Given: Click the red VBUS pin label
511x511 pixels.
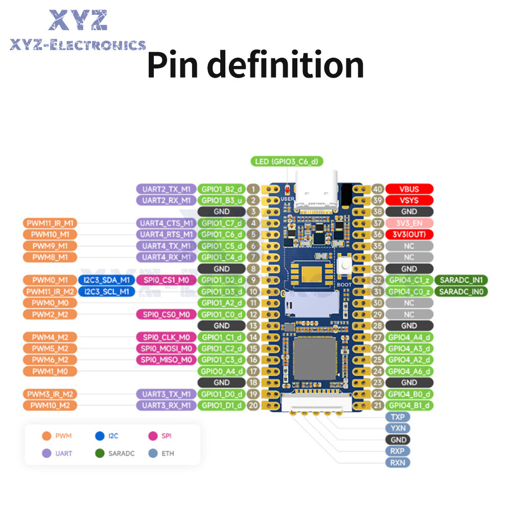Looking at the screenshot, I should pos(409,189).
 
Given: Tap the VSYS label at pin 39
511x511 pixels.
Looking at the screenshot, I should pos(409,200).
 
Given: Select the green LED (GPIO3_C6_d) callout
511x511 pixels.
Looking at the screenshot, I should pos(287,162).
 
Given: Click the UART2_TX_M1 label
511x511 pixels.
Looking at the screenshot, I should pos(166,189).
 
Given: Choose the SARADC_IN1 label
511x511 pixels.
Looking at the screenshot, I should pos(461,280).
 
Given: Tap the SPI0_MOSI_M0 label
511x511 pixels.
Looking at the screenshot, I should pos(166,349).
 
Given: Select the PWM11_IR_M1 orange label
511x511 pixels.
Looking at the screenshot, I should pos(50,223).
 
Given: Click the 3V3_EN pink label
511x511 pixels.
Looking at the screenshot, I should pos(409,223).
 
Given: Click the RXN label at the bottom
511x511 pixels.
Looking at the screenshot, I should pos(398,462).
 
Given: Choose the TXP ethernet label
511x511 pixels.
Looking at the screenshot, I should pos(398,416).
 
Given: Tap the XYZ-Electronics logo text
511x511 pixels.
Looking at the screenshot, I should pos(78,45).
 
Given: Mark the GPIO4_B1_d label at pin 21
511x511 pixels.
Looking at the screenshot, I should pos(409,405).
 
